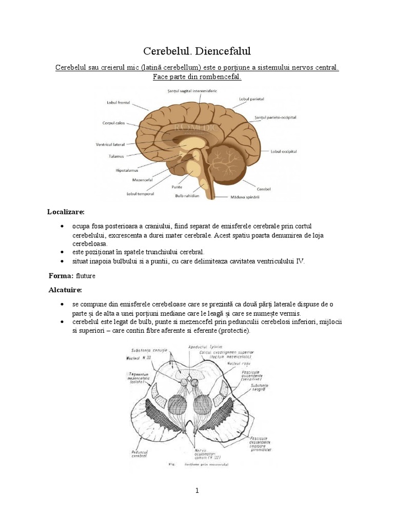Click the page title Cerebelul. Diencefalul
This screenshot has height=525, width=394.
[x=197, y=51]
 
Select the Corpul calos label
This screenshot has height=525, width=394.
[x=113, y=123]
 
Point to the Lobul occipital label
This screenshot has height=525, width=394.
[x=284, y=152]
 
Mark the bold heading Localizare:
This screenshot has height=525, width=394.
[x=66, y=211]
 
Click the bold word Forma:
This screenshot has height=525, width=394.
[x=61, y=276]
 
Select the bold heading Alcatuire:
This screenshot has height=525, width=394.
[x=65, y=290]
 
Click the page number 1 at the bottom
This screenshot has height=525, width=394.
[x=197, y=491]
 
